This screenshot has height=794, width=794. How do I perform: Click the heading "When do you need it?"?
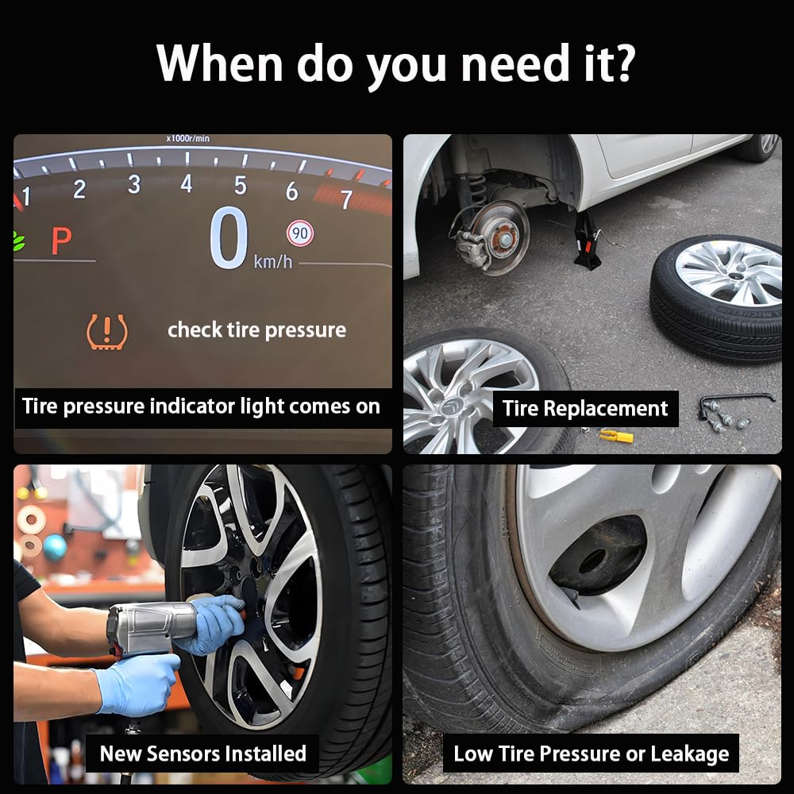pyautogui.click(x=395, y=63)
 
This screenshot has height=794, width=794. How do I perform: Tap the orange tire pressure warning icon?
pyautogui.click(x=106, y=332)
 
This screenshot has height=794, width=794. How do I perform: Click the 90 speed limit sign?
pyautogui.click(x=300, y=233)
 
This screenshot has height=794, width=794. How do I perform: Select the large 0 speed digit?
pyautogui.click(x=229, y=238)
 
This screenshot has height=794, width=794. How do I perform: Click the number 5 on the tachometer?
pyautogui.click(x=240, y=185)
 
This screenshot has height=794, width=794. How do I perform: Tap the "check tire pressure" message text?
pyautogui.click(x=256, y=330)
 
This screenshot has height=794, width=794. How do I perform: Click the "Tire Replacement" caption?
pyautogui.click(x=585, y=409)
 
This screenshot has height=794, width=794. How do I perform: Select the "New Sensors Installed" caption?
pyautogui.click(x=202, y=753)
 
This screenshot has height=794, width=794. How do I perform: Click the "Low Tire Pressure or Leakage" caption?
pyautogui.click(x=591, y=754)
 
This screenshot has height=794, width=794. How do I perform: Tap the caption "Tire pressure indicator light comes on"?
pyautogui.click(x=201, y=407)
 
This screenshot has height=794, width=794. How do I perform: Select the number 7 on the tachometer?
pyautogui.click(x=345, y=199)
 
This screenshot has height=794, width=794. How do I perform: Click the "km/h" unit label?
pyautogui.click(x=272, y=261)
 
